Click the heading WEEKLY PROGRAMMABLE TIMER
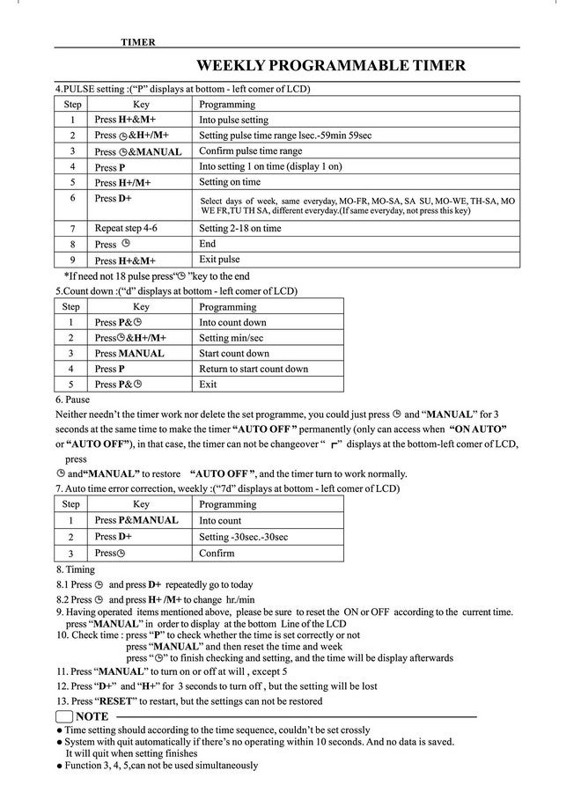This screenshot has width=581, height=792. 330,66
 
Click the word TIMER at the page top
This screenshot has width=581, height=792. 138,42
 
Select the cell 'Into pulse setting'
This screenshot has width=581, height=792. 233,120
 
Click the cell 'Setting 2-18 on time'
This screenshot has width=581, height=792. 240,228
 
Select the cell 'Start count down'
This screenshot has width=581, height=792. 234,354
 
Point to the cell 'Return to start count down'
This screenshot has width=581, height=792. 254,369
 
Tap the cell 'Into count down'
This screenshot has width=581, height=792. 232,322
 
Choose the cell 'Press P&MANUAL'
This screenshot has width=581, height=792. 136,520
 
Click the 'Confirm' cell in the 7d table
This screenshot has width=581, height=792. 217,553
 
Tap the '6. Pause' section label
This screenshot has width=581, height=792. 72,400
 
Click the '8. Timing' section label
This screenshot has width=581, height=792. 75,569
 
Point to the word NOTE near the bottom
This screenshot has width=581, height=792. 92,717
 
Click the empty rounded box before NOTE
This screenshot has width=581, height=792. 64,717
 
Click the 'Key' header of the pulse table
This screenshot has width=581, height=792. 141,104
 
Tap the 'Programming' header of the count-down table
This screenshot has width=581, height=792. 227,307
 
